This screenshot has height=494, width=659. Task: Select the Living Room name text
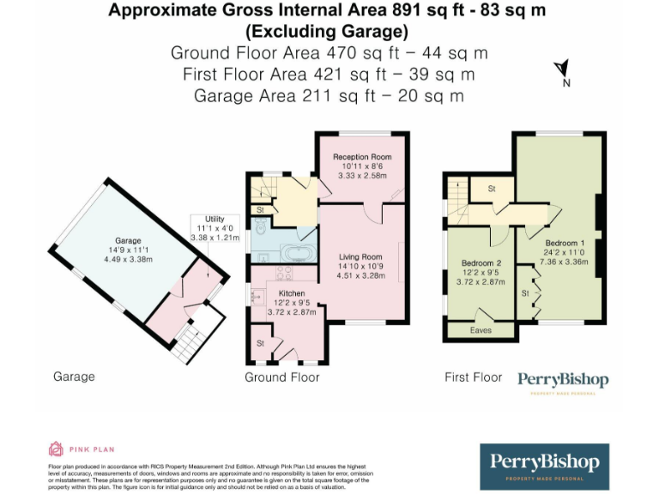(360, 256)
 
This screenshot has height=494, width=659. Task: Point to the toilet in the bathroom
(259, 227)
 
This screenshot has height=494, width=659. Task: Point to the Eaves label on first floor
(481, 329)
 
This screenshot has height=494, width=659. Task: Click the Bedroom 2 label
(481, 262)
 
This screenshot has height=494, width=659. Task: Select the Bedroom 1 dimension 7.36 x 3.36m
(565, 262)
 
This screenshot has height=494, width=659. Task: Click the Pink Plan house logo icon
(56, 449)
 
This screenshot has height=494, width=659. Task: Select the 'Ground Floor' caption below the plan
(281, 377)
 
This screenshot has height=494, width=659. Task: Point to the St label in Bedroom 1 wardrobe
(524, 293)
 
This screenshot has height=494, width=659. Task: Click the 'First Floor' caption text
(473, 377)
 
